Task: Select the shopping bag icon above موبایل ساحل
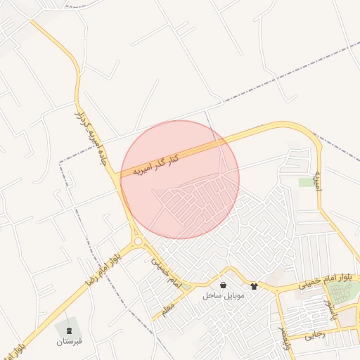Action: click(223, 285)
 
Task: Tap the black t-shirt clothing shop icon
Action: click(254, 286)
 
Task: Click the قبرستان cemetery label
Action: click(70, 341)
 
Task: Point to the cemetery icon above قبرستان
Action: click(70, 330)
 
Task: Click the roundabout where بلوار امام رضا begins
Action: click(139, 241)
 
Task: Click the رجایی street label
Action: click(316, 335)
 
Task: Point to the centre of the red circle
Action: click(180, 179)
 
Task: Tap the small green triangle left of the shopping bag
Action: click(186, 285)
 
